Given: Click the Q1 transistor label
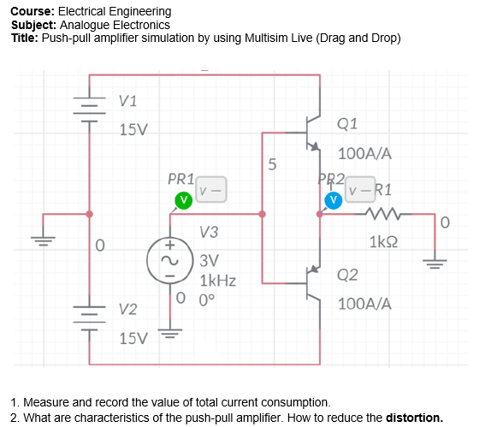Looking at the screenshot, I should pyautogui.click(x=348, y=123).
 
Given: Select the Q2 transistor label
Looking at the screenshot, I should pyautogui.click(x=348, y=275).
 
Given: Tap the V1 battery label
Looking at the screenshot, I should pyautogui.click(x=128, y=101).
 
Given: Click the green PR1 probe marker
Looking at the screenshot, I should pyautogui.click(x=182, y=199).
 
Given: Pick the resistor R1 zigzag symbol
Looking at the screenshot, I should pyautogui.click(x=377, y=214).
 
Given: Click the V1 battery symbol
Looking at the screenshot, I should pyautogui.click(x=90, y=109).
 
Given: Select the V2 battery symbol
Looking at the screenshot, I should pyautogui.click(x=90, y=317).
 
